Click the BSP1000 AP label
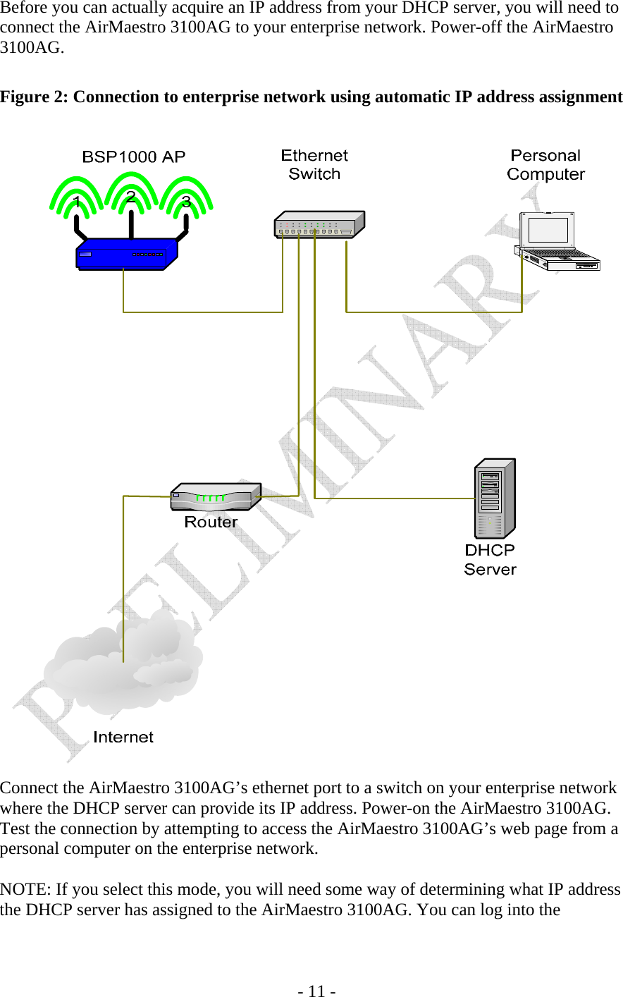(134, 157)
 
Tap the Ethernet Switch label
(314, 165)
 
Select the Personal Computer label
(545, 165)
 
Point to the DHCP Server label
(490, 559)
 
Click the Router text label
(211, 522)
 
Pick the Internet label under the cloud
(123, 737)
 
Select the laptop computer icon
(557, 243)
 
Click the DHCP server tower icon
(495, 498)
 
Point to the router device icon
(215, 496)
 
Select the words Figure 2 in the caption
(34, 97)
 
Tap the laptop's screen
(548, 230)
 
